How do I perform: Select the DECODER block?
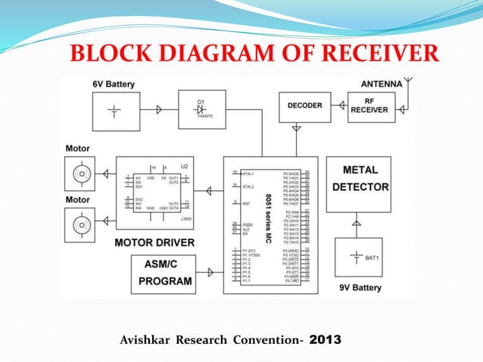tap(304, 106)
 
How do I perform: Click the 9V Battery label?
tap(360, 288)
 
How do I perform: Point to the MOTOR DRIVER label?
tap(154, 243)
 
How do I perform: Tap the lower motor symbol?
tap(78, 225)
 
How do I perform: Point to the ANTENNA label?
tap(381, 83)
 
